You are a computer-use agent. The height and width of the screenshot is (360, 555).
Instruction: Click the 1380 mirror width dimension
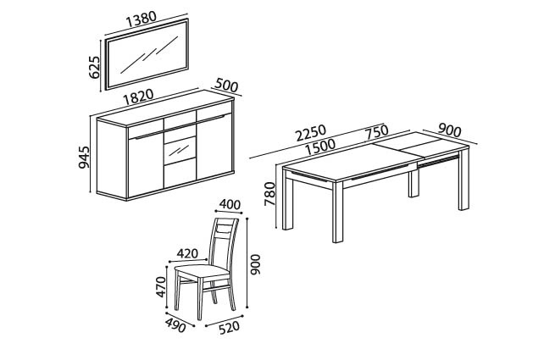pos(142,19)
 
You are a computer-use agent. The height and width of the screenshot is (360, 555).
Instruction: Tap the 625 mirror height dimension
pos(95,67)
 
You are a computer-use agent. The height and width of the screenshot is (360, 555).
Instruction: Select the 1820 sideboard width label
pos(138,97)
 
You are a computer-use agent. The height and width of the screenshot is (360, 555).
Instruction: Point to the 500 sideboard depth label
pos(226,85)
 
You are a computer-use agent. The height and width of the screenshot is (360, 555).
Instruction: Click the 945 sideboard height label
pos(84,158)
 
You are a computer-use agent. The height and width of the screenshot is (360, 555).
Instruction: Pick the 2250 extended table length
pos(311,133)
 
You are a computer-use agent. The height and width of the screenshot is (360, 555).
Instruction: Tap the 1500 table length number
pos(320,147)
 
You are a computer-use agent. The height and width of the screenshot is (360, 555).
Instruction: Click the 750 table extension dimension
pos(377,132)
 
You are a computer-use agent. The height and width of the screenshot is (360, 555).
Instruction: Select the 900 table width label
pos(450,130)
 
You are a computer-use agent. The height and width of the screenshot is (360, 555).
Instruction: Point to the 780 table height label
pos(269,194)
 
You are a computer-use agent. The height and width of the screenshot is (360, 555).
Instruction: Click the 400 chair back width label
pos(230,205)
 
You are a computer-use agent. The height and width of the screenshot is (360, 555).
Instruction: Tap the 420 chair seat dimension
pos(187,253)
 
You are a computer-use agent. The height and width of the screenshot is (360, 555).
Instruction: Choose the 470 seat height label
pos(160,286)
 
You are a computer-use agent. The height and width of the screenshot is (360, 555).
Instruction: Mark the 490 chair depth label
pos(175,325)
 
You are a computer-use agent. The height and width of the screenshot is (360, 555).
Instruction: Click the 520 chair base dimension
pos(229,328)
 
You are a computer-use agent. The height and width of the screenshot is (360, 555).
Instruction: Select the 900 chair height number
pos(255,264)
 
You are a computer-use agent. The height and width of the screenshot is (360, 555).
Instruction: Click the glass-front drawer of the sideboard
pos(180,151)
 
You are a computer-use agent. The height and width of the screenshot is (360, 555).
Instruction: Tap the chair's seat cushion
pos(203,272)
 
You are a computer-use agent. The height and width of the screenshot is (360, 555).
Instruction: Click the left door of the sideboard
pos(146,163)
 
